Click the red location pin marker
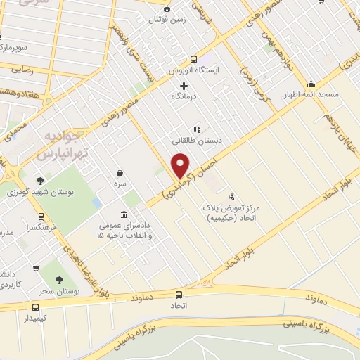tap(181, 165)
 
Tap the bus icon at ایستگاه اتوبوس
tap(195, 60)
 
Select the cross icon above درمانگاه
tap(184, 86)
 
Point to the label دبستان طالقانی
tap(198, 140)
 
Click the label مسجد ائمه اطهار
tap(311, 94)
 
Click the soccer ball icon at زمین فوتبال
tap(167, 9)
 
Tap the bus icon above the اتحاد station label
tap(178, 295)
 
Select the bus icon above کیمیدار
tap(35, 307)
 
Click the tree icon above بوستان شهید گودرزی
tap(41, 178)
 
